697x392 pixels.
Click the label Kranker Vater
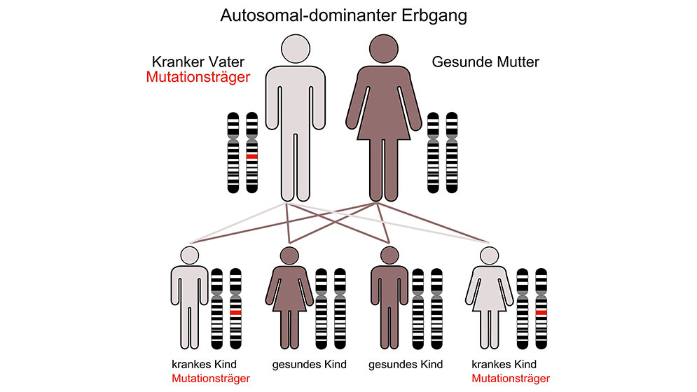click(x=198, y=62)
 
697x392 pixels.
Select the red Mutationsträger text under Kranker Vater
click(x=198, y=78)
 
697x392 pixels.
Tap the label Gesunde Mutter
click(x=485, y=62)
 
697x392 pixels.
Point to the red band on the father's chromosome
click(x=252, y=156)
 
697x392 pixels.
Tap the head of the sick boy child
click(x=189, y=255)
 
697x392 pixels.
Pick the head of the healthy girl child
click(x=289, y=255)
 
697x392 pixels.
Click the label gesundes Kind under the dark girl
click(x=308, y=365)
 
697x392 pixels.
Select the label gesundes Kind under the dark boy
click(x=406, y=365)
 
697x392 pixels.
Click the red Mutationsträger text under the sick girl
click(x=511, y=379)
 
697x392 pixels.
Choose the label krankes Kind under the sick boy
click(x=204, y=365)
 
